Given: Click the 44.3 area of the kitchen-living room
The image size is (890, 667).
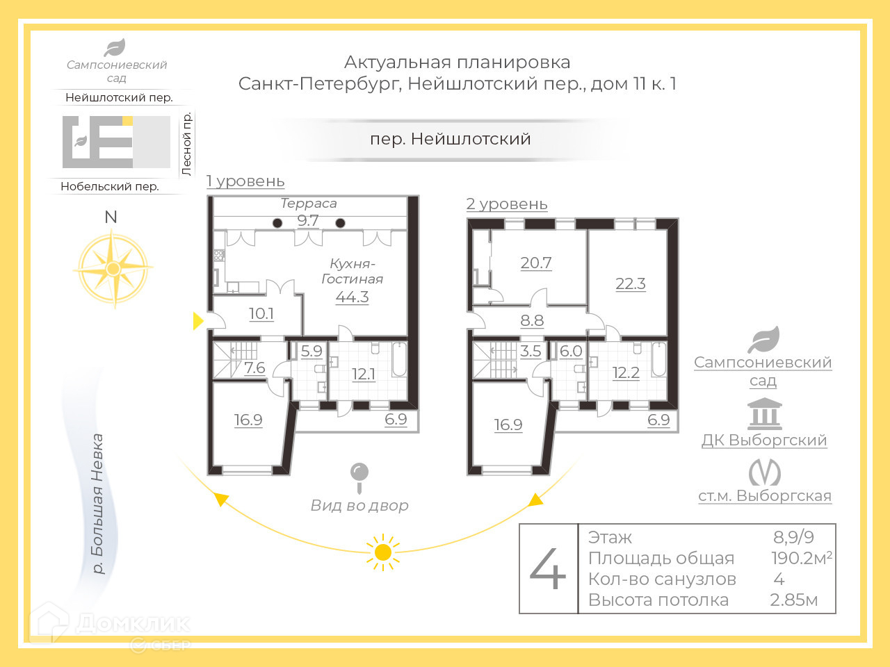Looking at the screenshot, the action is coord(352,297).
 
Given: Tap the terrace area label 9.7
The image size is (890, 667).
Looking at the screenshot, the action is coord(308,221).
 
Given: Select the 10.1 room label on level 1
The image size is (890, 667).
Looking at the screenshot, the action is coord(261,314).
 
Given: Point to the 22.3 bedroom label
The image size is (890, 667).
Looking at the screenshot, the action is coord(631,284).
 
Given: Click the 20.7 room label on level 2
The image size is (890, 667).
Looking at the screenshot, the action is coord(536,263).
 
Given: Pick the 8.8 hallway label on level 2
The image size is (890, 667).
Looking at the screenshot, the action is coord(532,321).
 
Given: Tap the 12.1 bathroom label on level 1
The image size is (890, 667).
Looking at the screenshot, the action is coord(364,374).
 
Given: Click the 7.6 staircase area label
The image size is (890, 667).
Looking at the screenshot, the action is coord(254,368).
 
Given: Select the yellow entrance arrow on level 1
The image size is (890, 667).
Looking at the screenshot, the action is coord(198,321).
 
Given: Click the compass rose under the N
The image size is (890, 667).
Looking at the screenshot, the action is coord(113,268).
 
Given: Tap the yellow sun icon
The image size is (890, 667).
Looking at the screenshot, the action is coord(382,552).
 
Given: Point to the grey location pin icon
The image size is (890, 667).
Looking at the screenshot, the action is coord(359,475).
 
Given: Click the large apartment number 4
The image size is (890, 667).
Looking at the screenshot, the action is coord(548,569).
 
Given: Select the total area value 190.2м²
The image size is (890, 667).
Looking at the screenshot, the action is coord(801,558).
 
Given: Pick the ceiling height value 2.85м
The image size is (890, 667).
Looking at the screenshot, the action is coord(793,600).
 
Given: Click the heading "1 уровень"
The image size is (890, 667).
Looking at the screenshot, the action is coord(245,181).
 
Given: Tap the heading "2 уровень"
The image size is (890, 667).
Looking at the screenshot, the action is coord(507,204).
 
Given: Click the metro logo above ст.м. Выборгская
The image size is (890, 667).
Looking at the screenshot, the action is coord(764,473).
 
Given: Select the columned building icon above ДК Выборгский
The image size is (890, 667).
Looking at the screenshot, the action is coord(764,414).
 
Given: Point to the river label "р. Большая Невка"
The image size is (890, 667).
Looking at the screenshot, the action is coord(98,504).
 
